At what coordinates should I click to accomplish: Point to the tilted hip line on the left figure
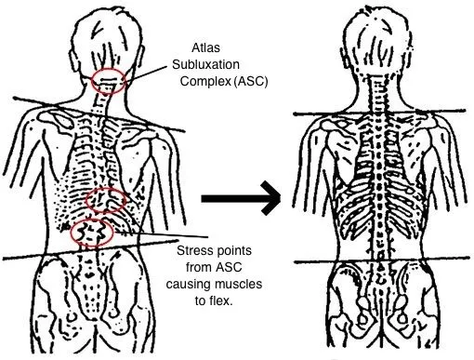(56, 256)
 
